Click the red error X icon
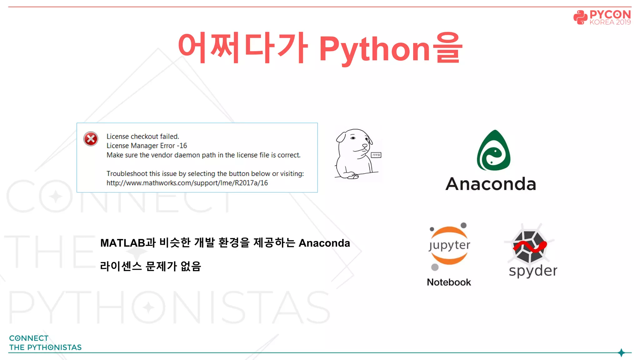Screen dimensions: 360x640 [91, 139]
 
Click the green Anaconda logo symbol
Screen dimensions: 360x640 [493, 151]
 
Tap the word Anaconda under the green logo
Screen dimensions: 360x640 [491, 184]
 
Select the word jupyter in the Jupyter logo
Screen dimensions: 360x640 [449, 245]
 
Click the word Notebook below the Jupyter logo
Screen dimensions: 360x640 [449, 282]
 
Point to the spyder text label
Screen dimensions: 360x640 [533, 271]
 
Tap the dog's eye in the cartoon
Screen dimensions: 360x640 [353, 138]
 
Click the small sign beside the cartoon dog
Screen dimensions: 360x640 [376, 155]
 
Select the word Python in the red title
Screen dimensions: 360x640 [374, 49]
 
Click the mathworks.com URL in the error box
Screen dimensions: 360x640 [187, 183]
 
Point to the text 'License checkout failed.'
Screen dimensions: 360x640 [142, 137]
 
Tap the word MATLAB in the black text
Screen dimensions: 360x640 [123, 243]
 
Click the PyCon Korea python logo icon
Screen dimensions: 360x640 [580, 17]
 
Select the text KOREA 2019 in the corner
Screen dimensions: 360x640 [610, 22]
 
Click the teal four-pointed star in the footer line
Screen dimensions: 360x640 [621, 353]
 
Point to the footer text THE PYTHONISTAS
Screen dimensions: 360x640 [45, 347]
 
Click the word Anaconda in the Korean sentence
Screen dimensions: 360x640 [324, 243]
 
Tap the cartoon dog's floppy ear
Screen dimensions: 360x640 [341, 137]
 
